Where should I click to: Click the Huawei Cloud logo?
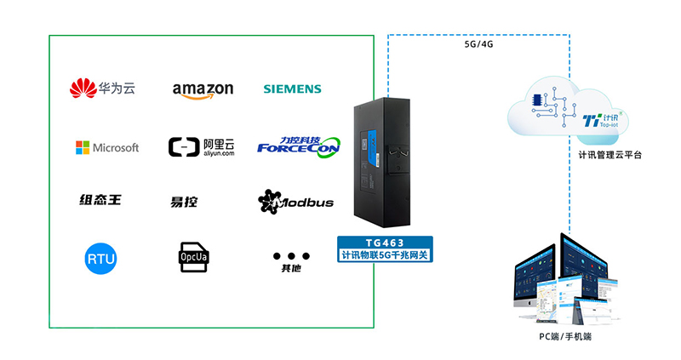(102, 88)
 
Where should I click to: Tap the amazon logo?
(203, 89)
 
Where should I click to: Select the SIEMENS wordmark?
(292, 89)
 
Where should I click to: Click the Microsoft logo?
(106, 147)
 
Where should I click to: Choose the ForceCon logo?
(299, 146)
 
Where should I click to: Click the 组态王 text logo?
(100, 200)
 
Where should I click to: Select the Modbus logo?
(295, 202)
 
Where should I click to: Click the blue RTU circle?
(101, 258)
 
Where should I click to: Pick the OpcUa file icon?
(191, 255)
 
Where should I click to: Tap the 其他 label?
(291, 269)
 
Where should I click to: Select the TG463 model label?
(386, 243)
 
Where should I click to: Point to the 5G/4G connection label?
(478, 43)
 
